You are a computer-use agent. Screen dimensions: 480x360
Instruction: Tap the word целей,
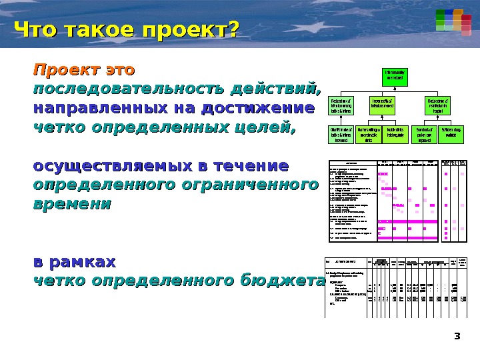pos(260,127)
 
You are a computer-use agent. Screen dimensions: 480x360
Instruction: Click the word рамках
pos(84,261)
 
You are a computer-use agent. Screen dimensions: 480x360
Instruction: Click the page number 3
pos(457,335)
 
